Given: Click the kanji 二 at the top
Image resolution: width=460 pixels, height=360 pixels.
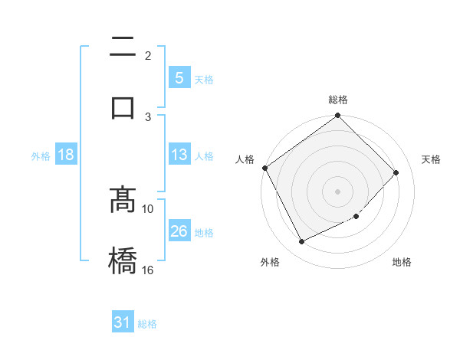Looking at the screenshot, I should (123, 48).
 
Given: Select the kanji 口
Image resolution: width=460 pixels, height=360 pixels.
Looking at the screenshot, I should (123, 106).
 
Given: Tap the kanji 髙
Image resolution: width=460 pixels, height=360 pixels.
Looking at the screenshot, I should (123, 201).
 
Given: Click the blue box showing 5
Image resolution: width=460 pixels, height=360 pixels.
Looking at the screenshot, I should (179, 78).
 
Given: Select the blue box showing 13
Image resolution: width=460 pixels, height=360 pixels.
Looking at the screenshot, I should (179, 155).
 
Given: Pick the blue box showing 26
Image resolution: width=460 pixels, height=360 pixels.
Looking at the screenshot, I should (179, 232).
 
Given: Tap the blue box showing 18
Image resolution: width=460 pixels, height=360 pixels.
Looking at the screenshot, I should (65, 155).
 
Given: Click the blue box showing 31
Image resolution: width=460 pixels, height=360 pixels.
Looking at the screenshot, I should (123, 323).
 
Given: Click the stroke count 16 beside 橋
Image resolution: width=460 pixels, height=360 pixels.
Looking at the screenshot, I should (148, 270).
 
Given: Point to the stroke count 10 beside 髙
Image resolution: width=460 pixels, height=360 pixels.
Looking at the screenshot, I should (148, 208).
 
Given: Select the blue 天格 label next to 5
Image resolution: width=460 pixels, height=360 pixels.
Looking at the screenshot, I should (204, 79).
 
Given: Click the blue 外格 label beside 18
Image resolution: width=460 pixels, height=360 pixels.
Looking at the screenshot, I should (41, 156).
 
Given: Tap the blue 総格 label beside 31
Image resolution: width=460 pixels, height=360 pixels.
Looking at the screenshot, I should (147, 324).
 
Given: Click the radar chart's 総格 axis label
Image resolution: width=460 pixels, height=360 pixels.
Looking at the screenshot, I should (338, 100).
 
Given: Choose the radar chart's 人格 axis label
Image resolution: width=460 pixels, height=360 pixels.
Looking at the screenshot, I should (245, 159).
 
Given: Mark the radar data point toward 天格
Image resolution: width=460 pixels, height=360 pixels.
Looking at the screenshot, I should (396, 172).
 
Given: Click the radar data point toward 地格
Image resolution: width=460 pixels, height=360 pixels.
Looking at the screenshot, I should (356, 217).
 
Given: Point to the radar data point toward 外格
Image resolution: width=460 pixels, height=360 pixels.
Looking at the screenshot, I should (301, 241).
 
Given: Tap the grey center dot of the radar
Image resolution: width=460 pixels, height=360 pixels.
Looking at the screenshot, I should (338, 191).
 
